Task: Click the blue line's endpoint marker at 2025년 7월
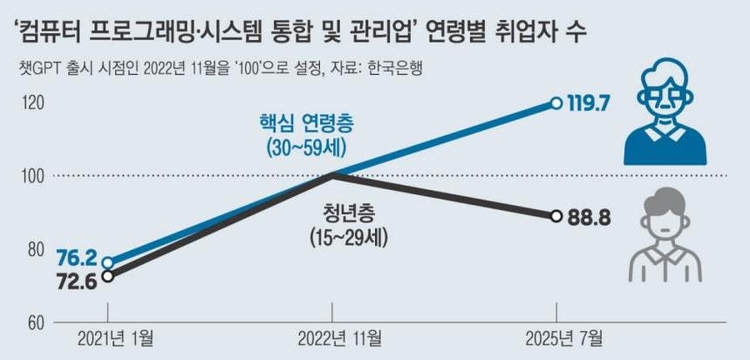pyautogui.click(x=556, y=102)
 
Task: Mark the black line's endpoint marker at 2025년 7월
pyautogui.click(x=556, y=215)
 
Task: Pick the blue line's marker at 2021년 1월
pyautogui.click(x=108, y=263)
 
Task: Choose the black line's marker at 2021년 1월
pyautogui.click(x=108, y=276)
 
